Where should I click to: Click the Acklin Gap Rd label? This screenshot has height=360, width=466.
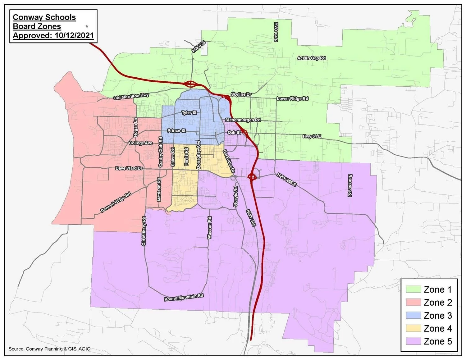point(311,58)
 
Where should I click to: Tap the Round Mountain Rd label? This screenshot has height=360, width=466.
point(184,297)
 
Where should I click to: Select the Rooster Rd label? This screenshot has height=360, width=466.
point(349,185)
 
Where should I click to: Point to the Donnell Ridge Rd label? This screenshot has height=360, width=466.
point(116,203)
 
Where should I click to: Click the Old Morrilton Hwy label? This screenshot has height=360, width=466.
point(131,97)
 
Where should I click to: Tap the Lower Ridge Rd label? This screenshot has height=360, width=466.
point(292,98)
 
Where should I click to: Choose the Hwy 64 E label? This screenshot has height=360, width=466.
point(312,136)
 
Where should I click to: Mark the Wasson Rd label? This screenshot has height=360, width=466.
point(209,228)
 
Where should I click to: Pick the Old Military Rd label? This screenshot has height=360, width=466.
point(144,231)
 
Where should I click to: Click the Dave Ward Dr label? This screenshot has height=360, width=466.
point(129,168)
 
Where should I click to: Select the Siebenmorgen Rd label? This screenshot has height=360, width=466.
point(243,120)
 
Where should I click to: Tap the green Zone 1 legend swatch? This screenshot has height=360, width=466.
point(413,289)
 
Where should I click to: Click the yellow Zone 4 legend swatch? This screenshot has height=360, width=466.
point(413,328)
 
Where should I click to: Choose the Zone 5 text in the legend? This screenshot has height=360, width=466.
point(438,341)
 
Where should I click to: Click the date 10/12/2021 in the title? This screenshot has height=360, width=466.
point(74,35)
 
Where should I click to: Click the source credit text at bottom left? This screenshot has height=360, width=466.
point(50,349)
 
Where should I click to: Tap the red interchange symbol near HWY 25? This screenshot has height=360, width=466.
point(190,84)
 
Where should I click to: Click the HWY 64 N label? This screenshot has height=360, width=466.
point(275,32)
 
